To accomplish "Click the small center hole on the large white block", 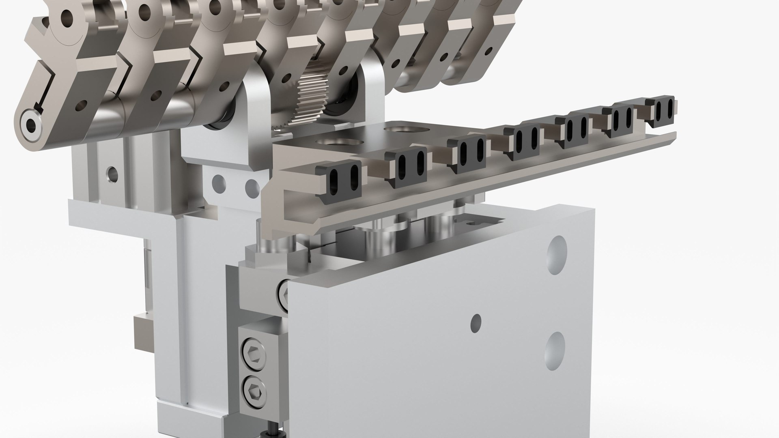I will (476, 322).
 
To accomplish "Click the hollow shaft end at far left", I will (30, 126).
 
